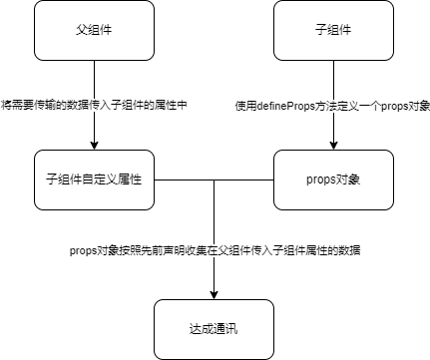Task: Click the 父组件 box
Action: pos(95,30)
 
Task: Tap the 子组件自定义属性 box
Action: pos(95,180)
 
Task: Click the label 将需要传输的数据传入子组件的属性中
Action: pos(95,104)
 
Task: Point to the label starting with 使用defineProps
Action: pos(332,104)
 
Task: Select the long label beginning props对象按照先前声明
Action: pos(214,253)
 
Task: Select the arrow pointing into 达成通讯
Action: pos(215,274)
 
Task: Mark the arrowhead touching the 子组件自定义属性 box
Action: pos(95,145)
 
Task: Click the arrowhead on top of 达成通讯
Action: pos(215,294)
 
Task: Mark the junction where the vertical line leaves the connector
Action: pos(215,180)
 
